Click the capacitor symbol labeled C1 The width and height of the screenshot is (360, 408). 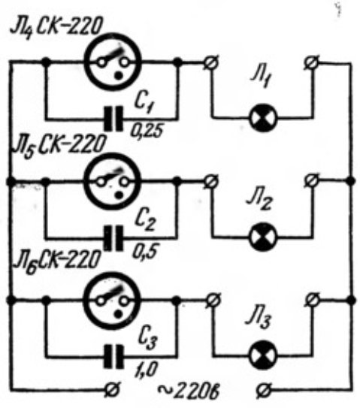(113, 119)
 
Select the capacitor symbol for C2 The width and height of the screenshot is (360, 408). (113, 238)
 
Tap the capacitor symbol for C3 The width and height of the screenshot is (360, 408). (113, 356)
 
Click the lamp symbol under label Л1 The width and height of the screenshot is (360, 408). (263, 118)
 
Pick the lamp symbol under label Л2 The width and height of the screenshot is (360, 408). (263, 237)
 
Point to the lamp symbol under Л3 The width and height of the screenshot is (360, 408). (263, 355)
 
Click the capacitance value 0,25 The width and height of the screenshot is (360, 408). (147, 131)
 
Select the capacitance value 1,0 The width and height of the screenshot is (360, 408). (146, 370)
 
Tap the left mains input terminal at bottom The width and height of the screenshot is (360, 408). (113, 390)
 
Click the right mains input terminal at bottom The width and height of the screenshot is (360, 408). (264, 391)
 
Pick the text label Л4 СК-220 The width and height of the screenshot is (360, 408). (56, 27)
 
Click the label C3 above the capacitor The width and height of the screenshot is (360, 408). (147, 337)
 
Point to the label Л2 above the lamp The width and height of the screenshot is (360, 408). (259, 201)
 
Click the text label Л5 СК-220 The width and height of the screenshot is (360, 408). (59, 146)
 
